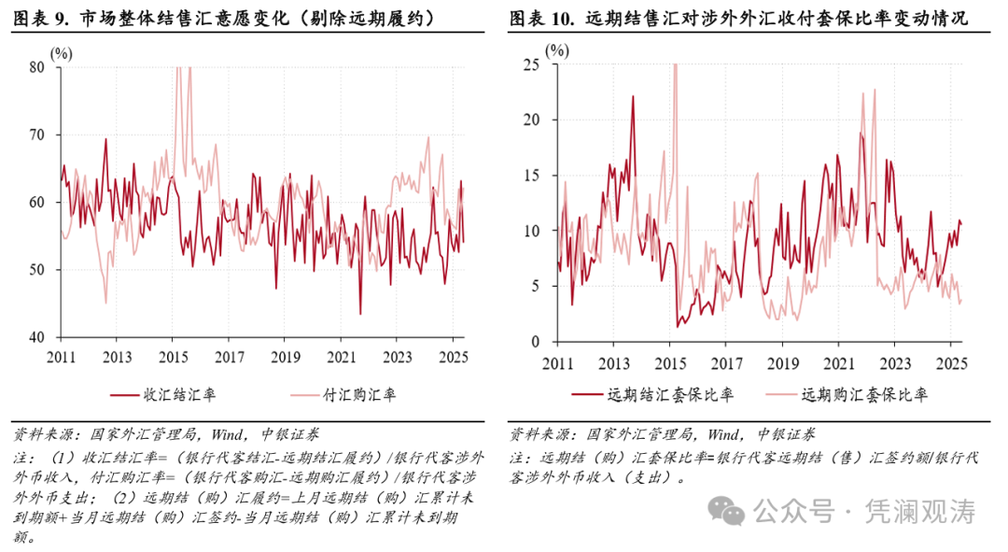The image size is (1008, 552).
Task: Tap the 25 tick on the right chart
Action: pos(533,64)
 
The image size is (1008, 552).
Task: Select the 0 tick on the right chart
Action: pos(536,341)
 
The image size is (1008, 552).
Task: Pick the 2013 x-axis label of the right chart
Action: pos(613,362)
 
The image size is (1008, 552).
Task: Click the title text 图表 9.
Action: pos(42,19)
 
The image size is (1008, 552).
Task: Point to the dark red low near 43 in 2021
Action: pos(360,313)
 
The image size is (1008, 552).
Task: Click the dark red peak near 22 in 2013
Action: pos(632,96)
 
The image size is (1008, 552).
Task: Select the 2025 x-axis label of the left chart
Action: pos(452,357)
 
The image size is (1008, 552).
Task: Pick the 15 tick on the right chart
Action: pos(533,175)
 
